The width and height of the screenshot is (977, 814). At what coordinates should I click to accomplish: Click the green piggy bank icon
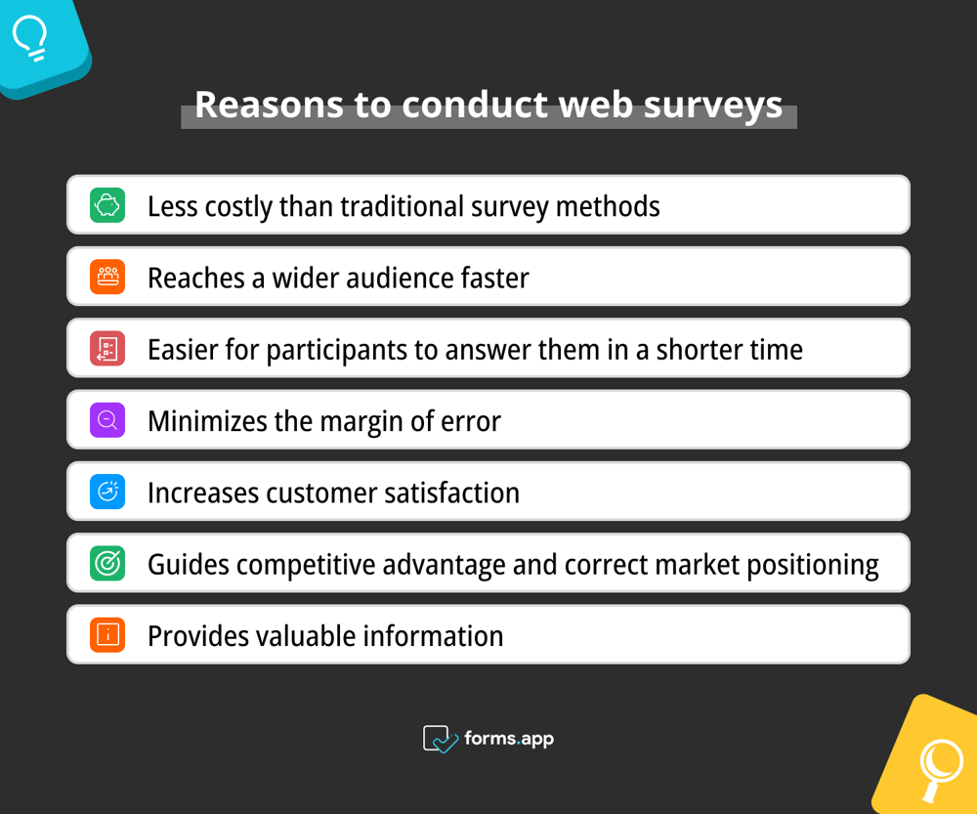[x=107, y=205]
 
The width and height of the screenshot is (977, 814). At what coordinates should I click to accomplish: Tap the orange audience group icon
[x=107, y=277]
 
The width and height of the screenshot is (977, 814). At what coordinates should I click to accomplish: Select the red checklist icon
[x=107, y=349]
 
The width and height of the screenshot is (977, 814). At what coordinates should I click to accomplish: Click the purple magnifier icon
[x=107, y=420]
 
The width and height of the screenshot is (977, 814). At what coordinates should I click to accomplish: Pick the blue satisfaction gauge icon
[x=107, y=492]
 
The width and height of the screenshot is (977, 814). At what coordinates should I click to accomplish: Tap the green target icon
[x=107, y=564]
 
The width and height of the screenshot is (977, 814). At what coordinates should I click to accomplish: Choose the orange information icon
[x=107, y=635]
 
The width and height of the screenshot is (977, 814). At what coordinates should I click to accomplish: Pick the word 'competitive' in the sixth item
[x=311, y=565]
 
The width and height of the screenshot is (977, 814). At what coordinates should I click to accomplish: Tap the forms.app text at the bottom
[x=509, y=739]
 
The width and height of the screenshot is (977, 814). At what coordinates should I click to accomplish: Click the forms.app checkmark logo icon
[x=440, y=739]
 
